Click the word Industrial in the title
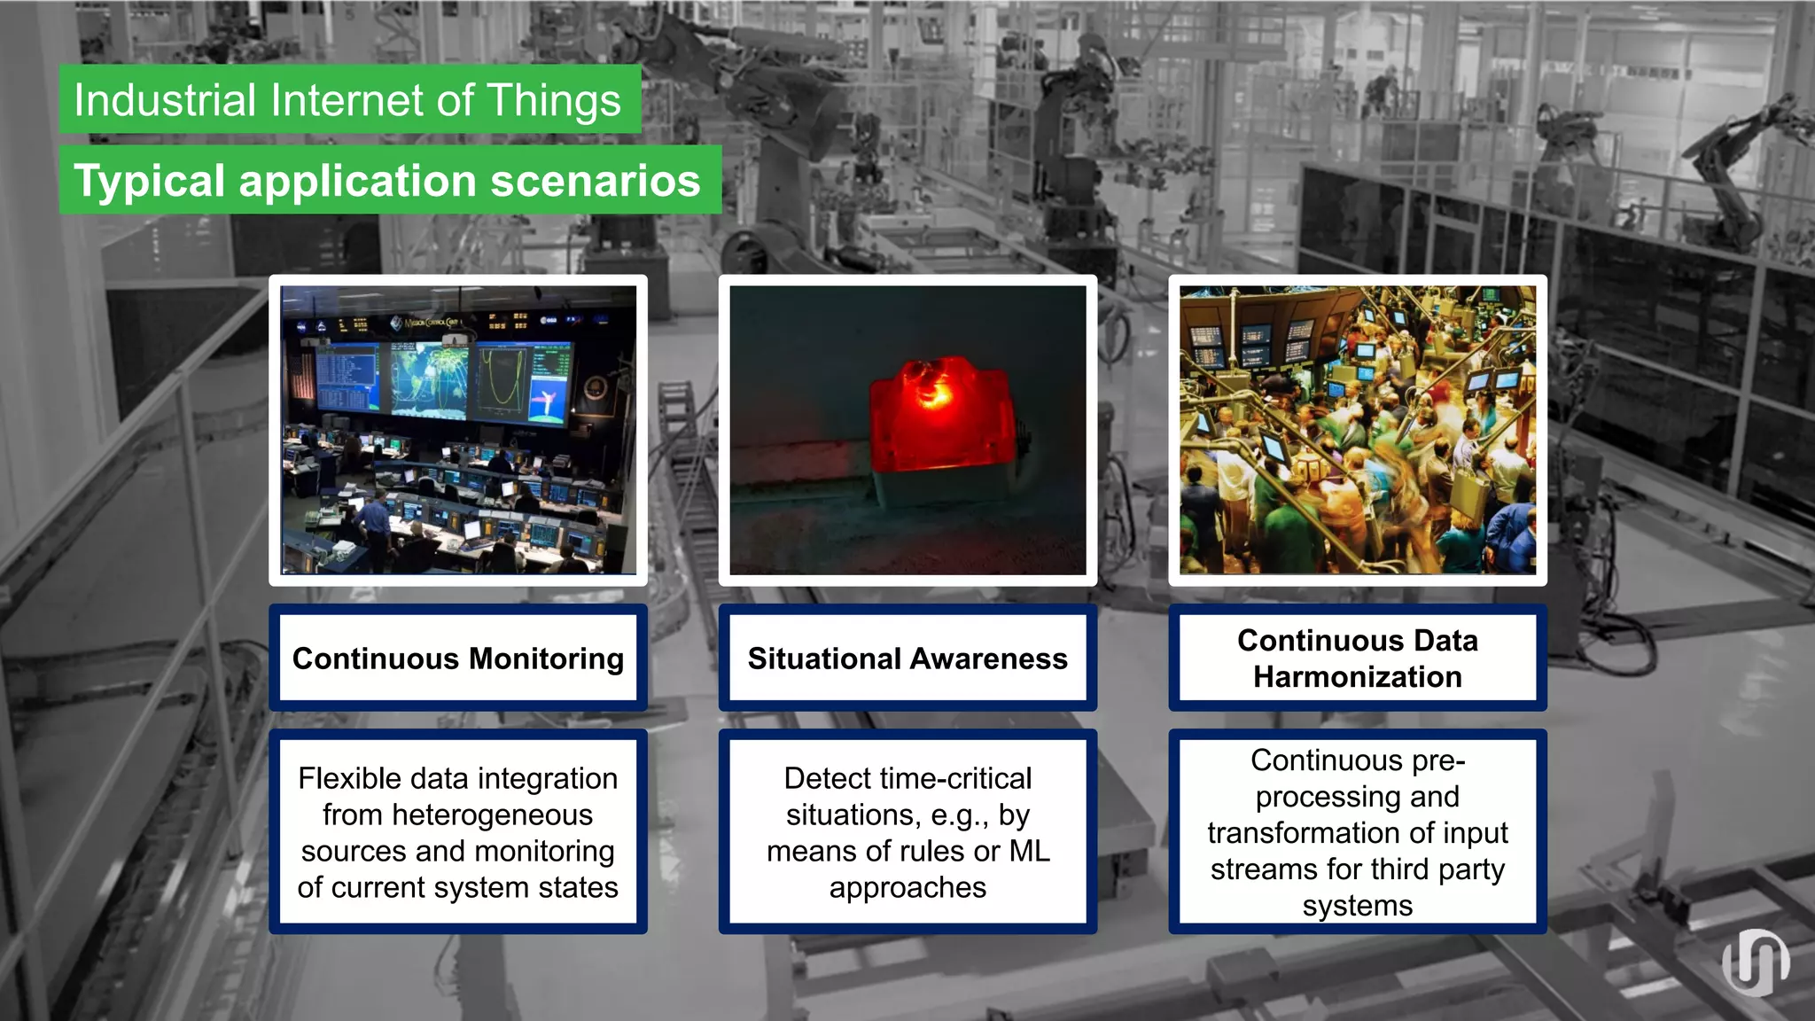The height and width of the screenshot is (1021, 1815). [x=165, y=100]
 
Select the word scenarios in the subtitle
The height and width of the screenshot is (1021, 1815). [x=595, y=181]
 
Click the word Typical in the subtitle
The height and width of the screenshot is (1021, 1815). [x=149, y=181]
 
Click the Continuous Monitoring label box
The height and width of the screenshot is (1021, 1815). [x=458, y=659]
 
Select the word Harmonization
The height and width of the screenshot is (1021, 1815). [x=1357, y=677]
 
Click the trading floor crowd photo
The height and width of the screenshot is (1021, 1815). [x=1357, y=430]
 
